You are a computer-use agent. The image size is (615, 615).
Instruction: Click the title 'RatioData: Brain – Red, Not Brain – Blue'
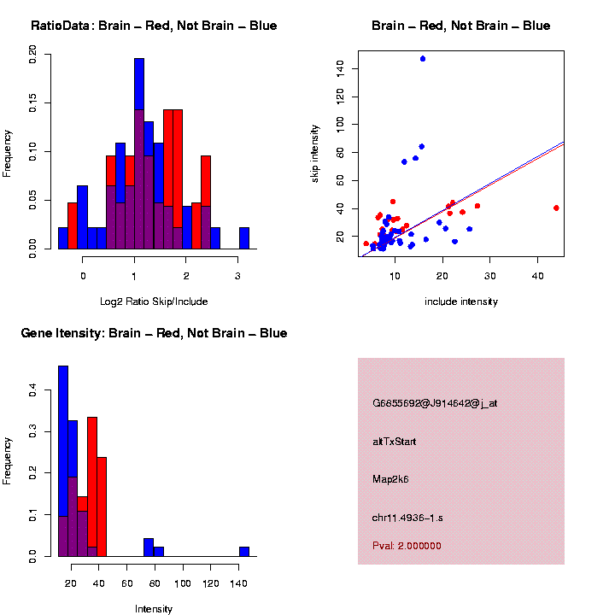click(154, 26)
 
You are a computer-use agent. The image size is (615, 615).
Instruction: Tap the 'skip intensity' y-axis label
click(315, 152)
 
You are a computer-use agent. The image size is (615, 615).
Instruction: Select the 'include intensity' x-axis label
click(461, 302)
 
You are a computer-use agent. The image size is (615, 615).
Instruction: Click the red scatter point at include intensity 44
click(556, 208)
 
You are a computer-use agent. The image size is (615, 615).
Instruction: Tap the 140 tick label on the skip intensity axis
click(342, 67)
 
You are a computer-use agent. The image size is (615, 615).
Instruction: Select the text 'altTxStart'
click(394, 442)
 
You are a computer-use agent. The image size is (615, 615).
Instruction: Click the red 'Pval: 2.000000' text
click(407, 546)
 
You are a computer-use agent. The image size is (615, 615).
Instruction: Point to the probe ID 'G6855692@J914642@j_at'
click(435, 403)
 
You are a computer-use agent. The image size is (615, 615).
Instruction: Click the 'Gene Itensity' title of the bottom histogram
click(154, 333)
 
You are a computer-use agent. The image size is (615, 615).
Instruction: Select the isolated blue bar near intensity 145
click(243, 552)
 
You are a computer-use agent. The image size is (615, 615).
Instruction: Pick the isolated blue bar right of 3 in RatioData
click(244, 238)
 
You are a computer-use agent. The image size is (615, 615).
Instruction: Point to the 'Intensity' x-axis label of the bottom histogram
click(154, 609)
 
